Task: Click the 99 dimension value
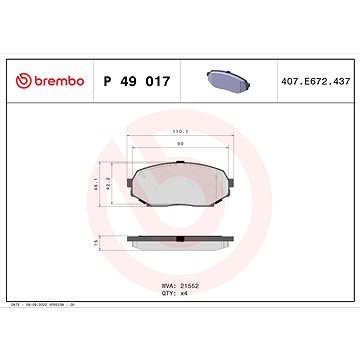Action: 180,144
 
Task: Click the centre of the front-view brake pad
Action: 180,185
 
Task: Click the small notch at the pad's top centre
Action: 180,162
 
